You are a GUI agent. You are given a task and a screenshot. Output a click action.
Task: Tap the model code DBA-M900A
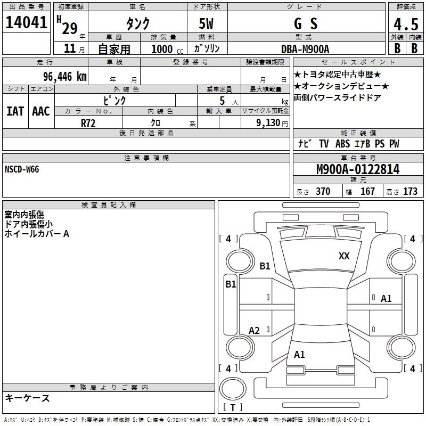tap(305, 49)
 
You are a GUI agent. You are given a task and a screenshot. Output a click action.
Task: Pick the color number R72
tap(88, 123)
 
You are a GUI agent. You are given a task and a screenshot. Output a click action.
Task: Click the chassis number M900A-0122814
tap(357, 170)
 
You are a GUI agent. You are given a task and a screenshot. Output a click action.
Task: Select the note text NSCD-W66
tap(22, 169)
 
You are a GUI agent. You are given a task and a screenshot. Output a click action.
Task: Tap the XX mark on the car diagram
tap(344, 256)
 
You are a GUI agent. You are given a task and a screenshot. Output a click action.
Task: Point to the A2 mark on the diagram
tap(255, 331)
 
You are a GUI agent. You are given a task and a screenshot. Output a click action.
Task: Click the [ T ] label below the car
tap(233, 407)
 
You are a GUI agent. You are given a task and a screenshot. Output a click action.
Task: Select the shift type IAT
tap(15, 111)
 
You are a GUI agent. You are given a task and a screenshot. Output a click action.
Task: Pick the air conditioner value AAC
tap(41, 111)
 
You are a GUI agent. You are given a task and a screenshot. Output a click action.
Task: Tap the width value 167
tap(367, 191)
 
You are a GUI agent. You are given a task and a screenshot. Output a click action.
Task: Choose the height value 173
tap(410, 191)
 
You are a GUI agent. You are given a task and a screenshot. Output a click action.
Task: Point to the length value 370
tap(323, 191)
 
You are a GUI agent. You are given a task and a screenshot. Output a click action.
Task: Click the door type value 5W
tap(207, 24)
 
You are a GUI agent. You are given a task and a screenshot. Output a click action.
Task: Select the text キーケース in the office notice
tap(27, 398)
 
